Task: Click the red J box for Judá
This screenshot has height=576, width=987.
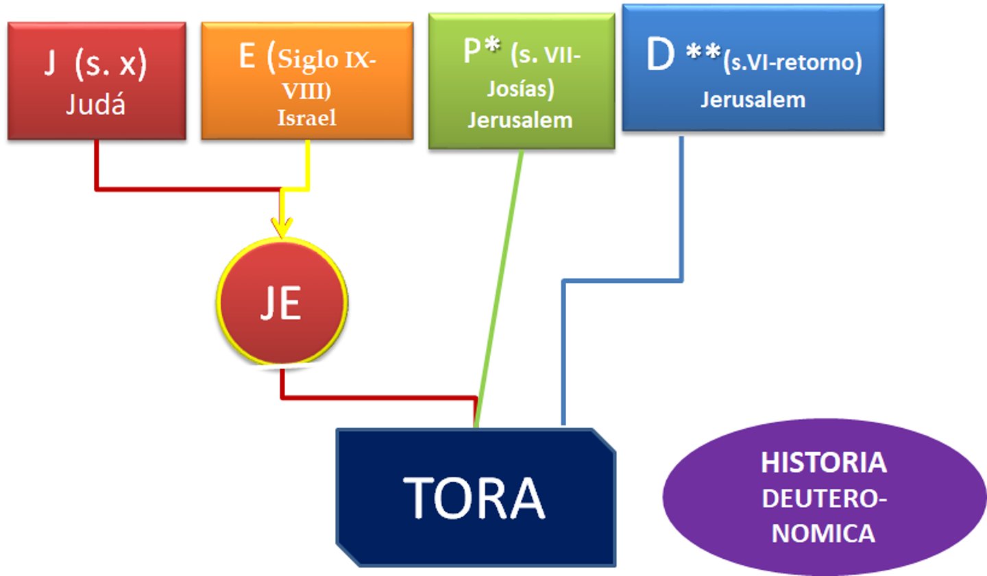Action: [97, 81]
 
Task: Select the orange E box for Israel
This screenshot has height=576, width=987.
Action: [307, 81]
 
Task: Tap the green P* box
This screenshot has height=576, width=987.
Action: [521, 81]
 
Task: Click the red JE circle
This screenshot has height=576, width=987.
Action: [282, 302]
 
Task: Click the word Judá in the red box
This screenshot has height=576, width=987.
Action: [96, 105]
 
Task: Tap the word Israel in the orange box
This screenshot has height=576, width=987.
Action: [306, 118]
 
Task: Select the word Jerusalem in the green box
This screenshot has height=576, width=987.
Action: [520, 120]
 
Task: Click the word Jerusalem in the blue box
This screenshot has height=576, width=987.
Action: [753, 99]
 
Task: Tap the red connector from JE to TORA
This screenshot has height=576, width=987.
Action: [377, 397]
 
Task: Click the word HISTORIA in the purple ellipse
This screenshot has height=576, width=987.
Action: [824, 463]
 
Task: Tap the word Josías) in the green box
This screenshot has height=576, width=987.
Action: [520, 88]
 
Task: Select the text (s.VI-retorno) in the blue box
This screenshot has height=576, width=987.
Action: [792, 63]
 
